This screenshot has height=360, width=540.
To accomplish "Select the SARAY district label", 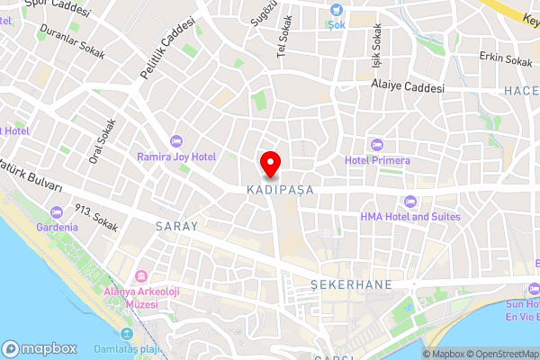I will pos(175,226).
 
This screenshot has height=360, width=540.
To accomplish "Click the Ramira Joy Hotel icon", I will pos(175,140).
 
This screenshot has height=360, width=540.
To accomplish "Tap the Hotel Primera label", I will pos(377,160).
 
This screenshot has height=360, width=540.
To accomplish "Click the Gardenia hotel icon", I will pos(57,211).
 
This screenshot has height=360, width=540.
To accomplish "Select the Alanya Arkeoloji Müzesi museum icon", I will pos(141,275).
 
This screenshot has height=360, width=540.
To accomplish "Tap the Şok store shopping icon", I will pos(337,10).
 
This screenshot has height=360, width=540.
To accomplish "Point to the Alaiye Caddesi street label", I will pos(408,87).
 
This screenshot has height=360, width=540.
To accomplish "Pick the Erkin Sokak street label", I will pos(506,60).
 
